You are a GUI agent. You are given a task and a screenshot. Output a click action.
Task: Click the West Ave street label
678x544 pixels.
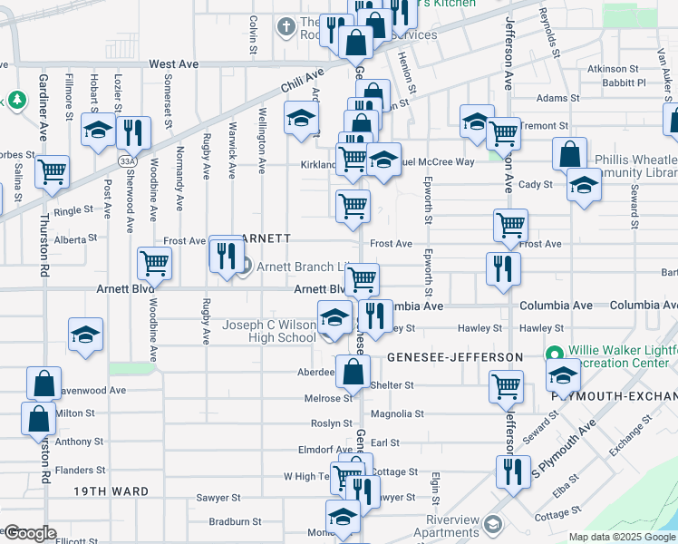point(174,64)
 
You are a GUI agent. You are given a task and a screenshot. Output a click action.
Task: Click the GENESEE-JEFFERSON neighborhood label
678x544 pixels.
point(455,357)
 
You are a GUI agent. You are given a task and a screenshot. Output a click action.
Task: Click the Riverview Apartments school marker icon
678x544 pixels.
point(492,525)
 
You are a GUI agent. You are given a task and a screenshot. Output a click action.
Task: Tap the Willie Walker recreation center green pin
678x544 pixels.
point(553,353)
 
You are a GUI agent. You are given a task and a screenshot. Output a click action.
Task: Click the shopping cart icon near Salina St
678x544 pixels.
point(53,170)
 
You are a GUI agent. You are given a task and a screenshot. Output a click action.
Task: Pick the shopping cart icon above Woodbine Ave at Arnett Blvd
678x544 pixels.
point(154,263)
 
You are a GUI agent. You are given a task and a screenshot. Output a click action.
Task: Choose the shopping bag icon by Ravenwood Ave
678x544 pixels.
point(44,383)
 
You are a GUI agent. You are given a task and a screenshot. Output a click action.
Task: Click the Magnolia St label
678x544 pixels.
point(398,414)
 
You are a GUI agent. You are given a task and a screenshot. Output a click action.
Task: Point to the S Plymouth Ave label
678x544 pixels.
point(562,450)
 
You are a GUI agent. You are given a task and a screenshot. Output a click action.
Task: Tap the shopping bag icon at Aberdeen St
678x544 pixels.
point(353,370)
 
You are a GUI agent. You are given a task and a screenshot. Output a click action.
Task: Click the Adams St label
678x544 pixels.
point(557,98)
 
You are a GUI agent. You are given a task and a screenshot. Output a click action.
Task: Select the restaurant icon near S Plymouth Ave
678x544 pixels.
point(513,471)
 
